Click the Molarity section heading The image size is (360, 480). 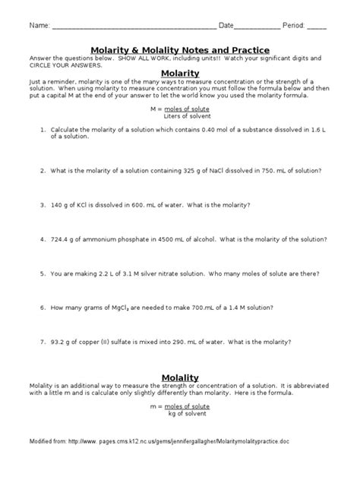(179, 73)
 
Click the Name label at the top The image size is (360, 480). (39, 26)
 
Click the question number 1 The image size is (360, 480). (43, 130)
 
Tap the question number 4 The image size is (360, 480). (43, 238)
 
